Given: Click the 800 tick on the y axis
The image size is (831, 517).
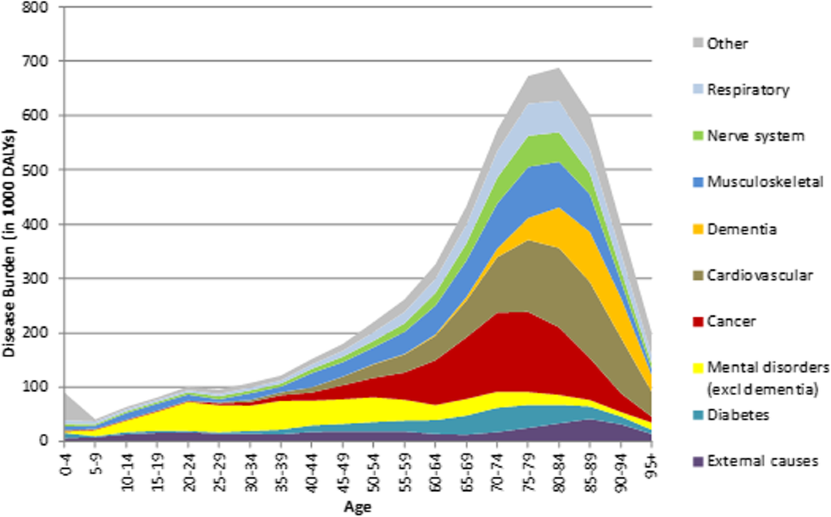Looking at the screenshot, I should click(x=35, y=7).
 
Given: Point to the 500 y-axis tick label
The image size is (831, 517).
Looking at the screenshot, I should click(x=35, y=170).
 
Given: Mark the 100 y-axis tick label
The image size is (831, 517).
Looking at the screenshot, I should click(x=35, y=387).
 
